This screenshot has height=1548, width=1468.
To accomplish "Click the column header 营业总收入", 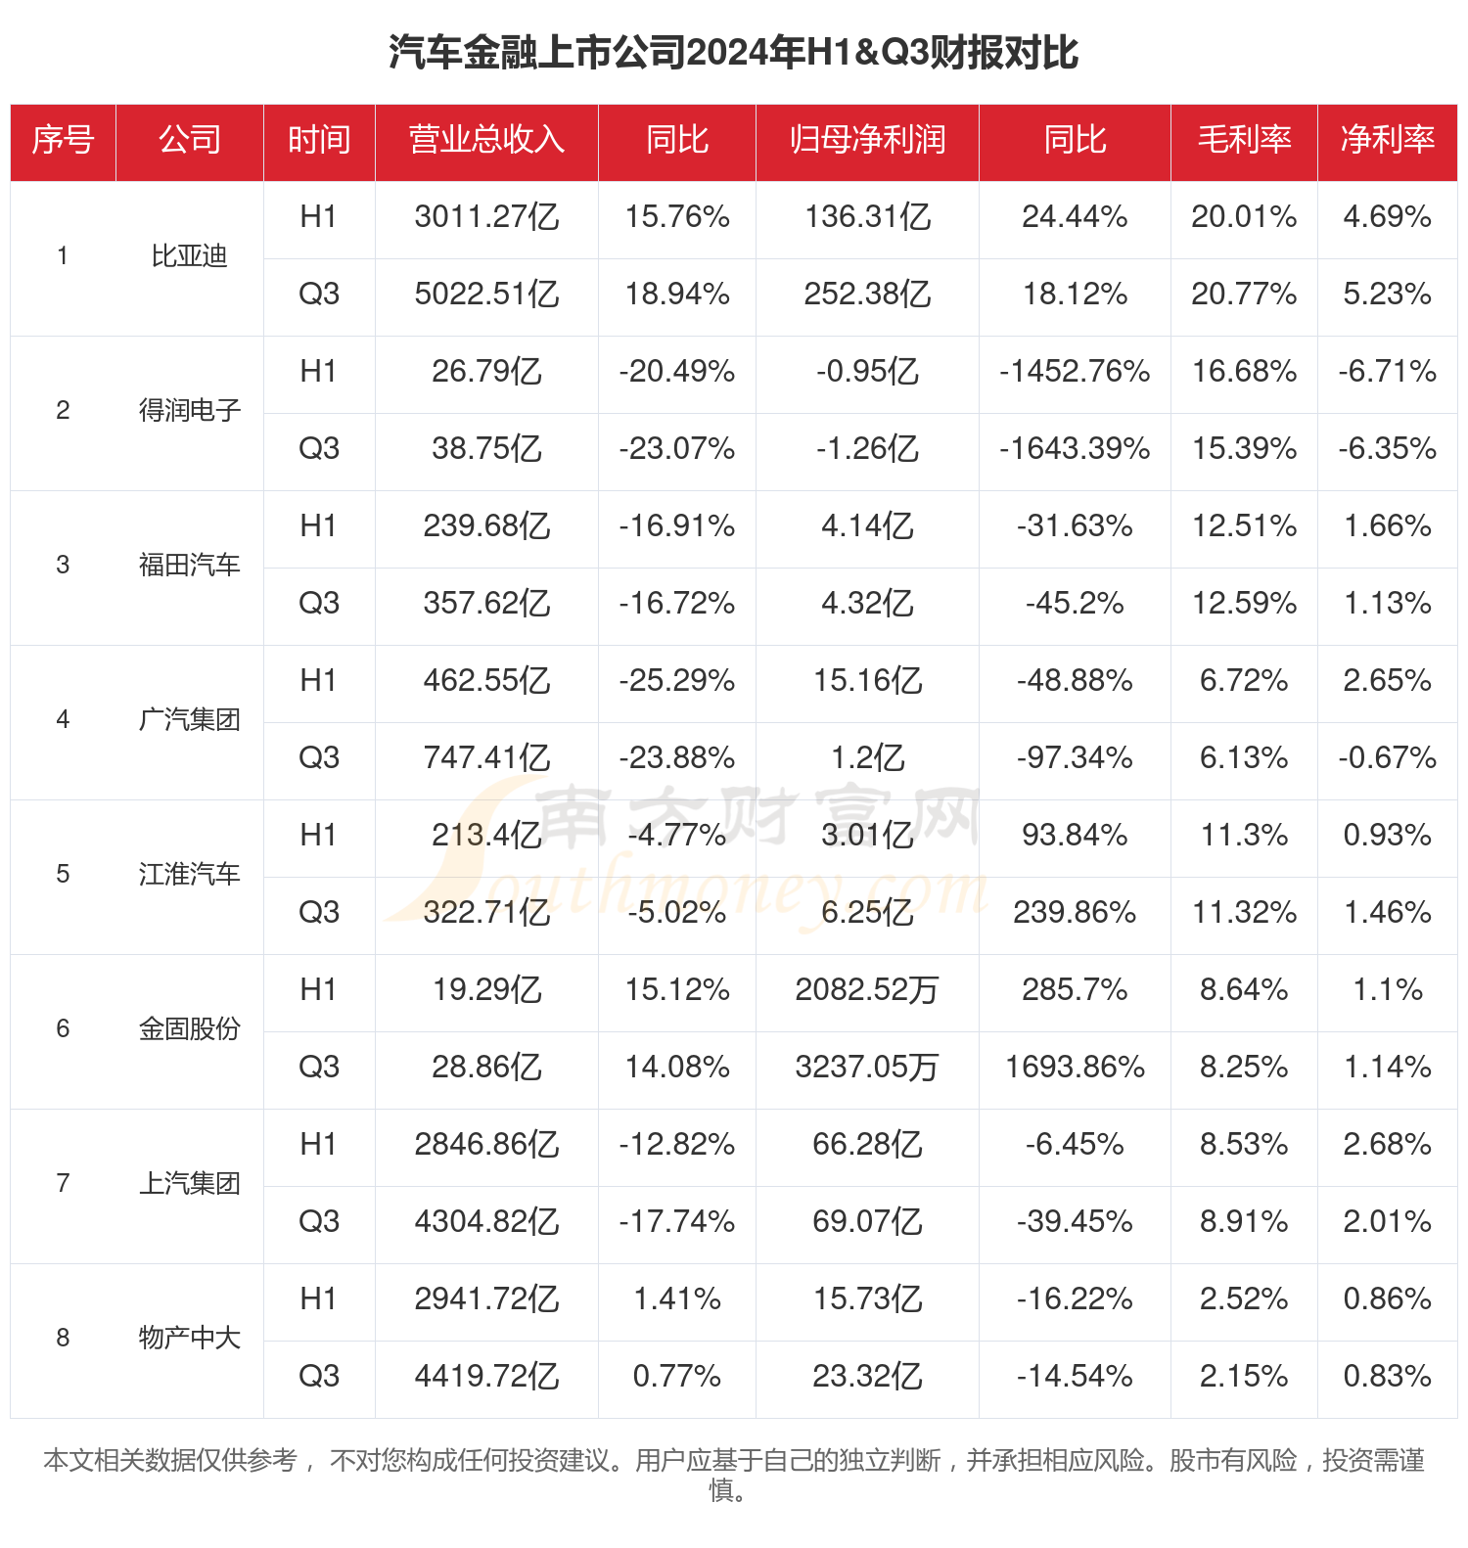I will [x=486, y=140].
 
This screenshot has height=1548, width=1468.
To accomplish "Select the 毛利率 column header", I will [x=1244, y=140].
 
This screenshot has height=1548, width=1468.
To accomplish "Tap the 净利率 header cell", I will [x=1387, y=140].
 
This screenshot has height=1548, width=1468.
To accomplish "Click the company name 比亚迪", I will [x=189, y=256].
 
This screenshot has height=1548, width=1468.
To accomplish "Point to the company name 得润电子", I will [x=189, y=411].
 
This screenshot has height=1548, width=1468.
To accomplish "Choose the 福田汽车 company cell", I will [x=189, y=566].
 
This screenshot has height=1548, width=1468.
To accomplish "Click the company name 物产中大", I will [x=189, y=1339].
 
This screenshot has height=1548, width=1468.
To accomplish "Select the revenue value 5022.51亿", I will [x=486, y=295].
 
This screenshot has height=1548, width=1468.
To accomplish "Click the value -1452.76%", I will [x=1075, y=372].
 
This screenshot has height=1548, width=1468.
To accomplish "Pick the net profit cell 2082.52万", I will [x=867, y=990].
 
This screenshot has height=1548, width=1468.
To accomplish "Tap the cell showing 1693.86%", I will [x=1075, y=1068].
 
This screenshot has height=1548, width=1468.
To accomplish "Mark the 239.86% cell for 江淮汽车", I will [x=1075, y=913].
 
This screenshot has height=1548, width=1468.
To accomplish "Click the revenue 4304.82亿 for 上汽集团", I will [x=486, y=1222].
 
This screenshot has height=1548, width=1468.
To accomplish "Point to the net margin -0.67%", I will [x=1387, y=758].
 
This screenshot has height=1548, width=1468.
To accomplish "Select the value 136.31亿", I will [x=867, y=217].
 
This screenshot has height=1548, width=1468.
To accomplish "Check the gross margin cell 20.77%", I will [x=1244, y=295].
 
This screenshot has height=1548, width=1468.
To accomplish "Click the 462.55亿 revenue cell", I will [x=486, y=681].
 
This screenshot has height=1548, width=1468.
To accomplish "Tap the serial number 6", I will [x=63, y=1029].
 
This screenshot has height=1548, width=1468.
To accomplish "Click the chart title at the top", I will [x=734, y=52].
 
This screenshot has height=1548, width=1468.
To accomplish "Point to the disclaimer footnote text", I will [x=734, y=1474].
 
